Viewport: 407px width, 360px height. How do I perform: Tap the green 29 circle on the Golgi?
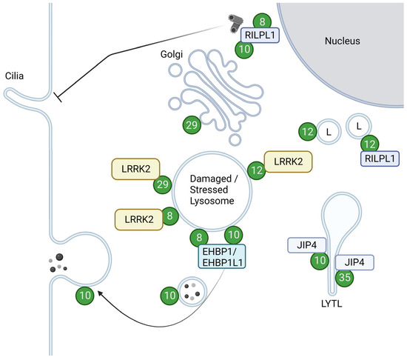pos(192,124)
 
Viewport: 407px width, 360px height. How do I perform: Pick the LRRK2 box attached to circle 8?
pos(138,219)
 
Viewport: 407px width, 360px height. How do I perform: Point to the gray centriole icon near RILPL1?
pos(236,24)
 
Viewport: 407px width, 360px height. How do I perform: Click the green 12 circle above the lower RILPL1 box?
pos(371,141)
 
